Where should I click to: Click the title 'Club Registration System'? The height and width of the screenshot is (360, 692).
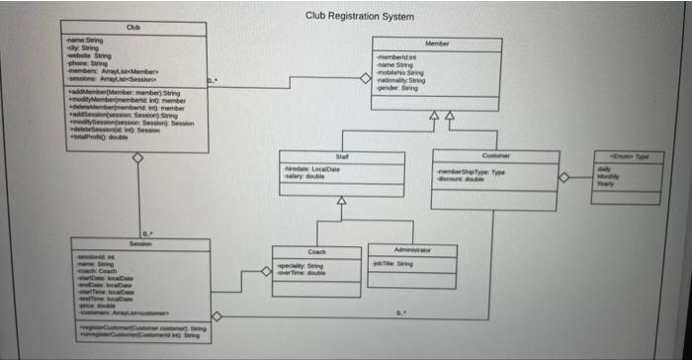(x=360, y=17)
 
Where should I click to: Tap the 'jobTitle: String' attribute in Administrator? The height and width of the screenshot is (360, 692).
(x=392, y=265)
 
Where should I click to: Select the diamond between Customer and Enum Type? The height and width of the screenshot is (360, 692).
(x=566, y=179)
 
